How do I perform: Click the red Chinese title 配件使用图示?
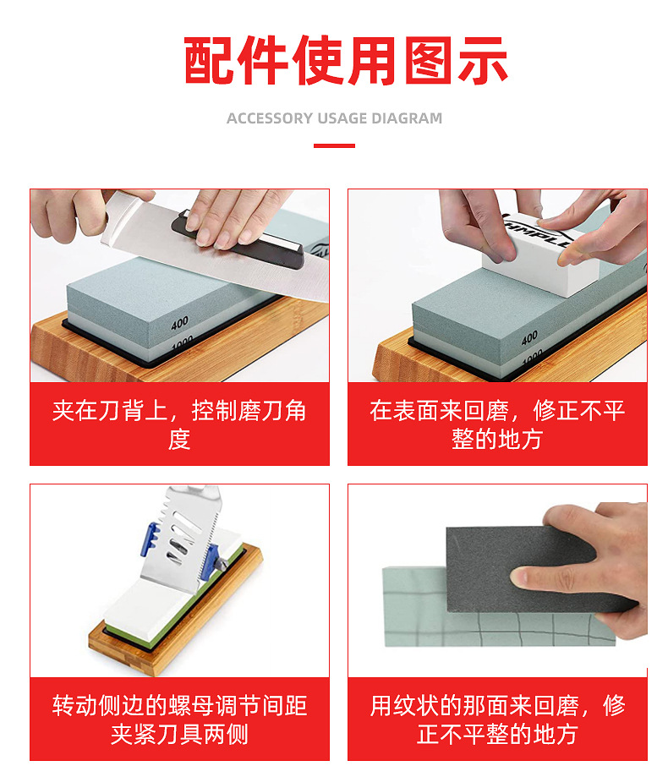coord(346,60)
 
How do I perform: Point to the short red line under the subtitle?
coord(334,146)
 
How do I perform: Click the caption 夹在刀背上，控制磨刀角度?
coord(179,424)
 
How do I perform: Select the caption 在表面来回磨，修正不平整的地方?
coord(497,424)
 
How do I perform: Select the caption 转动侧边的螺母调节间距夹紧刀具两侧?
coord(179,719)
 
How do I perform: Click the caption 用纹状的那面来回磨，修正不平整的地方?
coord(497,719)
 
